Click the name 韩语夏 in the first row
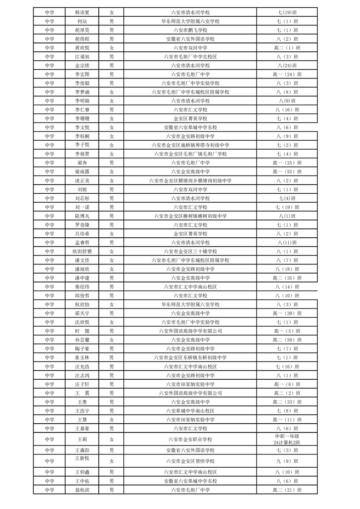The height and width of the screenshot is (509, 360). point(82,12)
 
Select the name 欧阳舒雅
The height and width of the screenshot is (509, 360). point(82,251)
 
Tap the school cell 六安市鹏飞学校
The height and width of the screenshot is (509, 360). point(190,30)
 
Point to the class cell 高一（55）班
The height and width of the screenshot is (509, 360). point(287,171)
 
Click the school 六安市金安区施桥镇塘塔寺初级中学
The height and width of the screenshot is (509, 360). point(190,145)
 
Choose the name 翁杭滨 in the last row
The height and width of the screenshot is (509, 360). point(82,490)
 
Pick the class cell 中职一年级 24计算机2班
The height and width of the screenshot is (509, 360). point(287,439)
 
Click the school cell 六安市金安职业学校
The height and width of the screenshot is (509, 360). point(190,439)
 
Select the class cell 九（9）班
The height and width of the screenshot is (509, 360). point(287,461)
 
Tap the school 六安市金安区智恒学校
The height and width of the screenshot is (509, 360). point(190,461)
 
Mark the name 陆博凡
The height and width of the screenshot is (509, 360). point(82,216)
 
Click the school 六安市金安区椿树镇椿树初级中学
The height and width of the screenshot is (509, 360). point(190,216)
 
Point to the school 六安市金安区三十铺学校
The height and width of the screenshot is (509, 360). point(190,251)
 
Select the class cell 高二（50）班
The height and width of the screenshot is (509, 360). point(287,340)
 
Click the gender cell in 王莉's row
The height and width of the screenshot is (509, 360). point(112,439)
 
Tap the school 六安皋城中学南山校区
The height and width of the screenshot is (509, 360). point(190,411)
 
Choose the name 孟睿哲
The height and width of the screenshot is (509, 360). point(82,243)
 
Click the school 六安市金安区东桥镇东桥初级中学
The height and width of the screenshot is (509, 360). point(190,357)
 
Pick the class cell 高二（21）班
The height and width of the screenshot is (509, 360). point(287,490)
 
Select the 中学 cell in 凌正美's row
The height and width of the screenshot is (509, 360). point(49,181)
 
